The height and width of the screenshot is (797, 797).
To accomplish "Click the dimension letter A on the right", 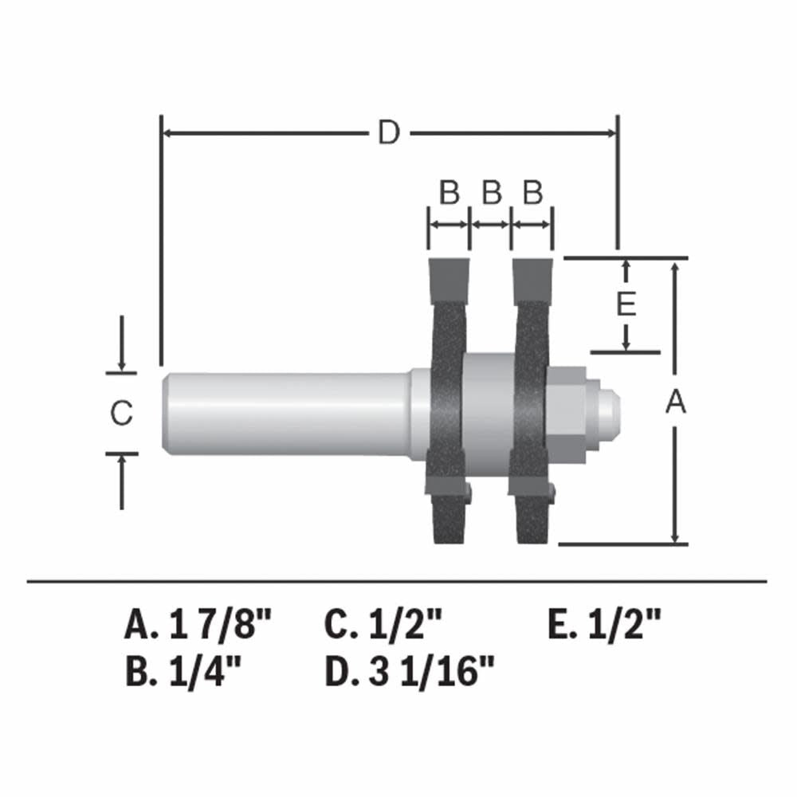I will point(676,403).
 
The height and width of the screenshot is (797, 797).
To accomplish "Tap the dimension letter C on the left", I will point(120,414).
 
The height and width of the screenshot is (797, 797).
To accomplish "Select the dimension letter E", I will point(627,304).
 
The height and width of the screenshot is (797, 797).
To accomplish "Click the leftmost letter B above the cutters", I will point(450,193).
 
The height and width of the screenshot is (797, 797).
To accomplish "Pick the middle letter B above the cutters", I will point(492,193).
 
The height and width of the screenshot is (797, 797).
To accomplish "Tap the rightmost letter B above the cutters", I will point(532,193).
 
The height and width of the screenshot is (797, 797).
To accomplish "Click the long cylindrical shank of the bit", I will point(287,413).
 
